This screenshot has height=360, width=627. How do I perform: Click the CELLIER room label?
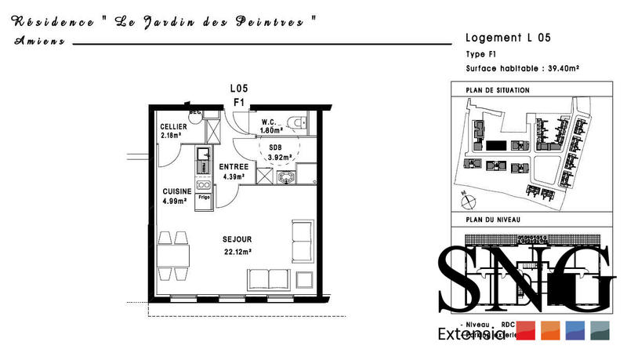click(173, 127)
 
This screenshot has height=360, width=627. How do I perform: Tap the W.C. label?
click(271, 121)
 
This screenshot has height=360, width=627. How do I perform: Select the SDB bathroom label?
click(275, 147)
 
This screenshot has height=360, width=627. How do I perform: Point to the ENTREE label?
click(234, 166)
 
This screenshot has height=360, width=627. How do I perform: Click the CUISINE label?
click(177, 191)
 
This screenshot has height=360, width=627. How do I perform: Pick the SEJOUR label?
click(236, 239)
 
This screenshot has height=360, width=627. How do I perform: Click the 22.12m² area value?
click(236, 252)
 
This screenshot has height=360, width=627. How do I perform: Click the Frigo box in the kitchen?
click(203, 198)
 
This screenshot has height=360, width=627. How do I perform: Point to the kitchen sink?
click(202, 153)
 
